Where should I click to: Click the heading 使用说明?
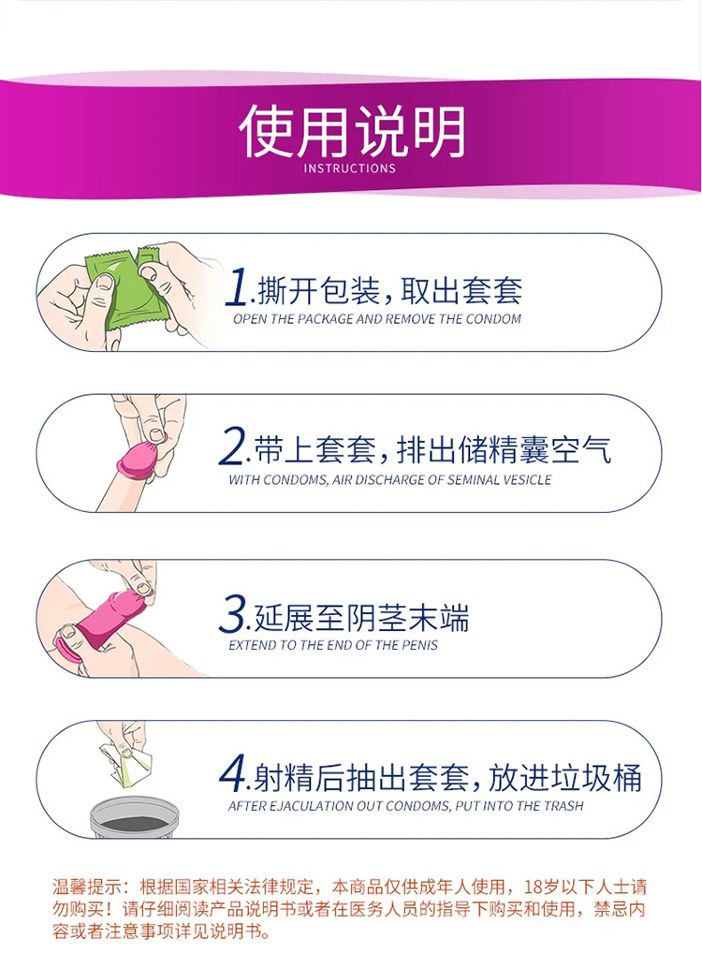point(352,131)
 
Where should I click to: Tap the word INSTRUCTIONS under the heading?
point(350,168)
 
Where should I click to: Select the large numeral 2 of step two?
point(232,447)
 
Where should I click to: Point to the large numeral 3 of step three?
point(232,614)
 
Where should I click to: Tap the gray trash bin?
point(135,818)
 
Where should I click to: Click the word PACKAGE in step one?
point(326,319)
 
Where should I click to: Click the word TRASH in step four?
point(563,806)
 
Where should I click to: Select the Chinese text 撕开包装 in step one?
point(318,291)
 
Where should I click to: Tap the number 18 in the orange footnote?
point(534,887)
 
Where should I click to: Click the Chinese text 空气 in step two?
point(581,449)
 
